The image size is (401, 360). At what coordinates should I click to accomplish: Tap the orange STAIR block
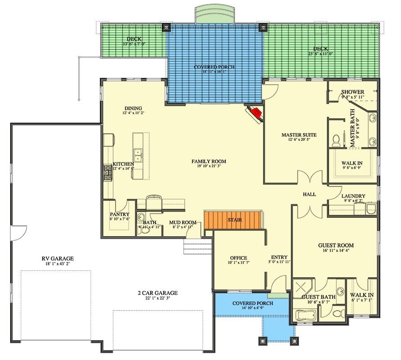tap(233, 220)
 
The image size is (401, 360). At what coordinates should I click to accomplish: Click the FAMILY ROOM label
tap(209, 161)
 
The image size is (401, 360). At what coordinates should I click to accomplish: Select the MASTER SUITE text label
tap(299, 135)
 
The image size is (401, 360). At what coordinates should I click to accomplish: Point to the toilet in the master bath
tap(335, 141)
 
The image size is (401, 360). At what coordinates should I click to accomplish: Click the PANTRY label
tap(120, 215)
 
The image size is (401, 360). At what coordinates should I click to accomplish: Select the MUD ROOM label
tap(183, 222)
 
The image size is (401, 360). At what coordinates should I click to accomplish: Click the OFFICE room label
tap(238, 258)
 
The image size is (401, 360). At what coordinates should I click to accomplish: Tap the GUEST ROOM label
tap(336, 245)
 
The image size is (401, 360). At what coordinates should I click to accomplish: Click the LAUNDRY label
tap(353, 196)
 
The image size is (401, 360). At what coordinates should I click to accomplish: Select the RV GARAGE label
tap(58, 258)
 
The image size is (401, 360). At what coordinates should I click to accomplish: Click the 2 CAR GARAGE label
tap(157, 293)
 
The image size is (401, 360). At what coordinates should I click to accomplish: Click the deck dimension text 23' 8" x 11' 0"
tap(321, 54)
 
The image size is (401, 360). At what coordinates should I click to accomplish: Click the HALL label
tap(309, 194)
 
